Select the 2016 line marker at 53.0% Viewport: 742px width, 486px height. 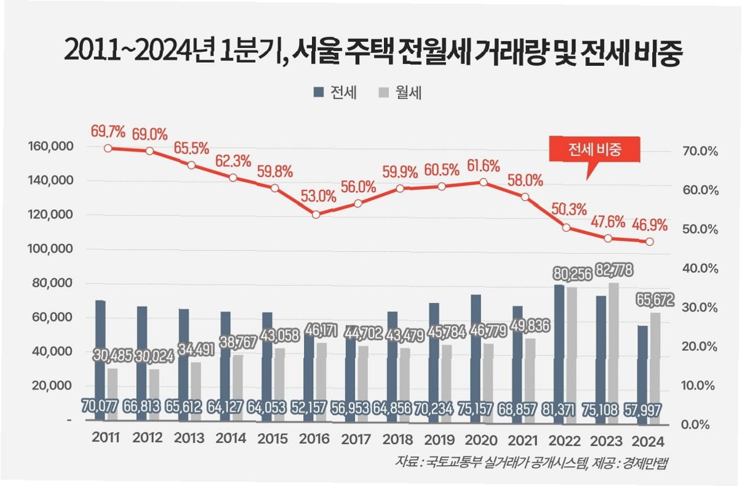[316, 214]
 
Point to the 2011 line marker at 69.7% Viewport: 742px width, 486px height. [108, 148]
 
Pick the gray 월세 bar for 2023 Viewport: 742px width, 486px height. [613, 351]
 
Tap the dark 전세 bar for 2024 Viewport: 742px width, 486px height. [642, 373]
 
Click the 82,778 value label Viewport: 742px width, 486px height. [612, 270]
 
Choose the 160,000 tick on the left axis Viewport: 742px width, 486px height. [51, 147]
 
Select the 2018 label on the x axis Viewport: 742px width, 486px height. [397, 439]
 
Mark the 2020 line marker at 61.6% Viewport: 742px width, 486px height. [484, 182]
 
